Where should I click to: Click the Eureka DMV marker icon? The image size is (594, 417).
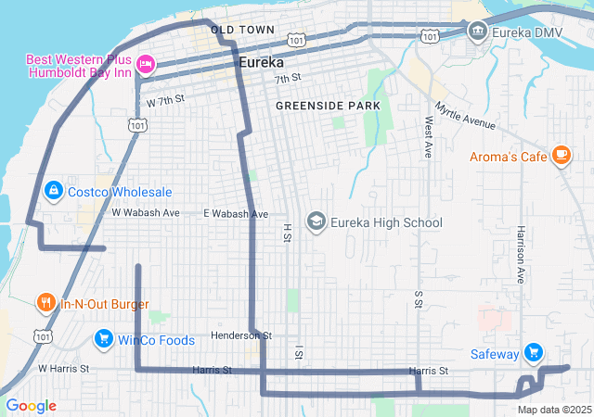tap(478, 31)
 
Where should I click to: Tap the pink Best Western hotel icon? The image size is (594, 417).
tap(146, 64)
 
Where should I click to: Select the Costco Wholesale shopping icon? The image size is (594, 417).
tap(54, 192)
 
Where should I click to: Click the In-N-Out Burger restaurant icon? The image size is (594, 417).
tap(45, 302)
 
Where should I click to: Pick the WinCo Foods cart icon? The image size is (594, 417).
tap(103, 339)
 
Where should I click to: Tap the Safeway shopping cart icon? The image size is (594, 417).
tap(533, 352)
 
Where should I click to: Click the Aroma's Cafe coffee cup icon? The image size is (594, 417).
tap(561, 156)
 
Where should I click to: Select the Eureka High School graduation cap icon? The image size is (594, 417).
tap(316, 222)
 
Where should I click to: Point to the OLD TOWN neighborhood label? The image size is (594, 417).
tap(242, 31)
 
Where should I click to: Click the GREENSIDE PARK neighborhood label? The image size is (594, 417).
tap(328, 107)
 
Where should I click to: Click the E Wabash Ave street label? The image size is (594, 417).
tap(236, 213)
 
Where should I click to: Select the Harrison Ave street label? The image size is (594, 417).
tap(521, 258)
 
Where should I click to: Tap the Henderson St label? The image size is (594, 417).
tap(240, 335)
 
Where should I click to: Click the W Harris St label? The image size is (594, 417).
tap(63, 368)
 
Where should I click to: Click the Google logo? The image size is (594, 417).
tap(32, 406)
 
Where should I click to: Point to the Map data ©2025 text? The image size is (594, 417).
tap(553, 410)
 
